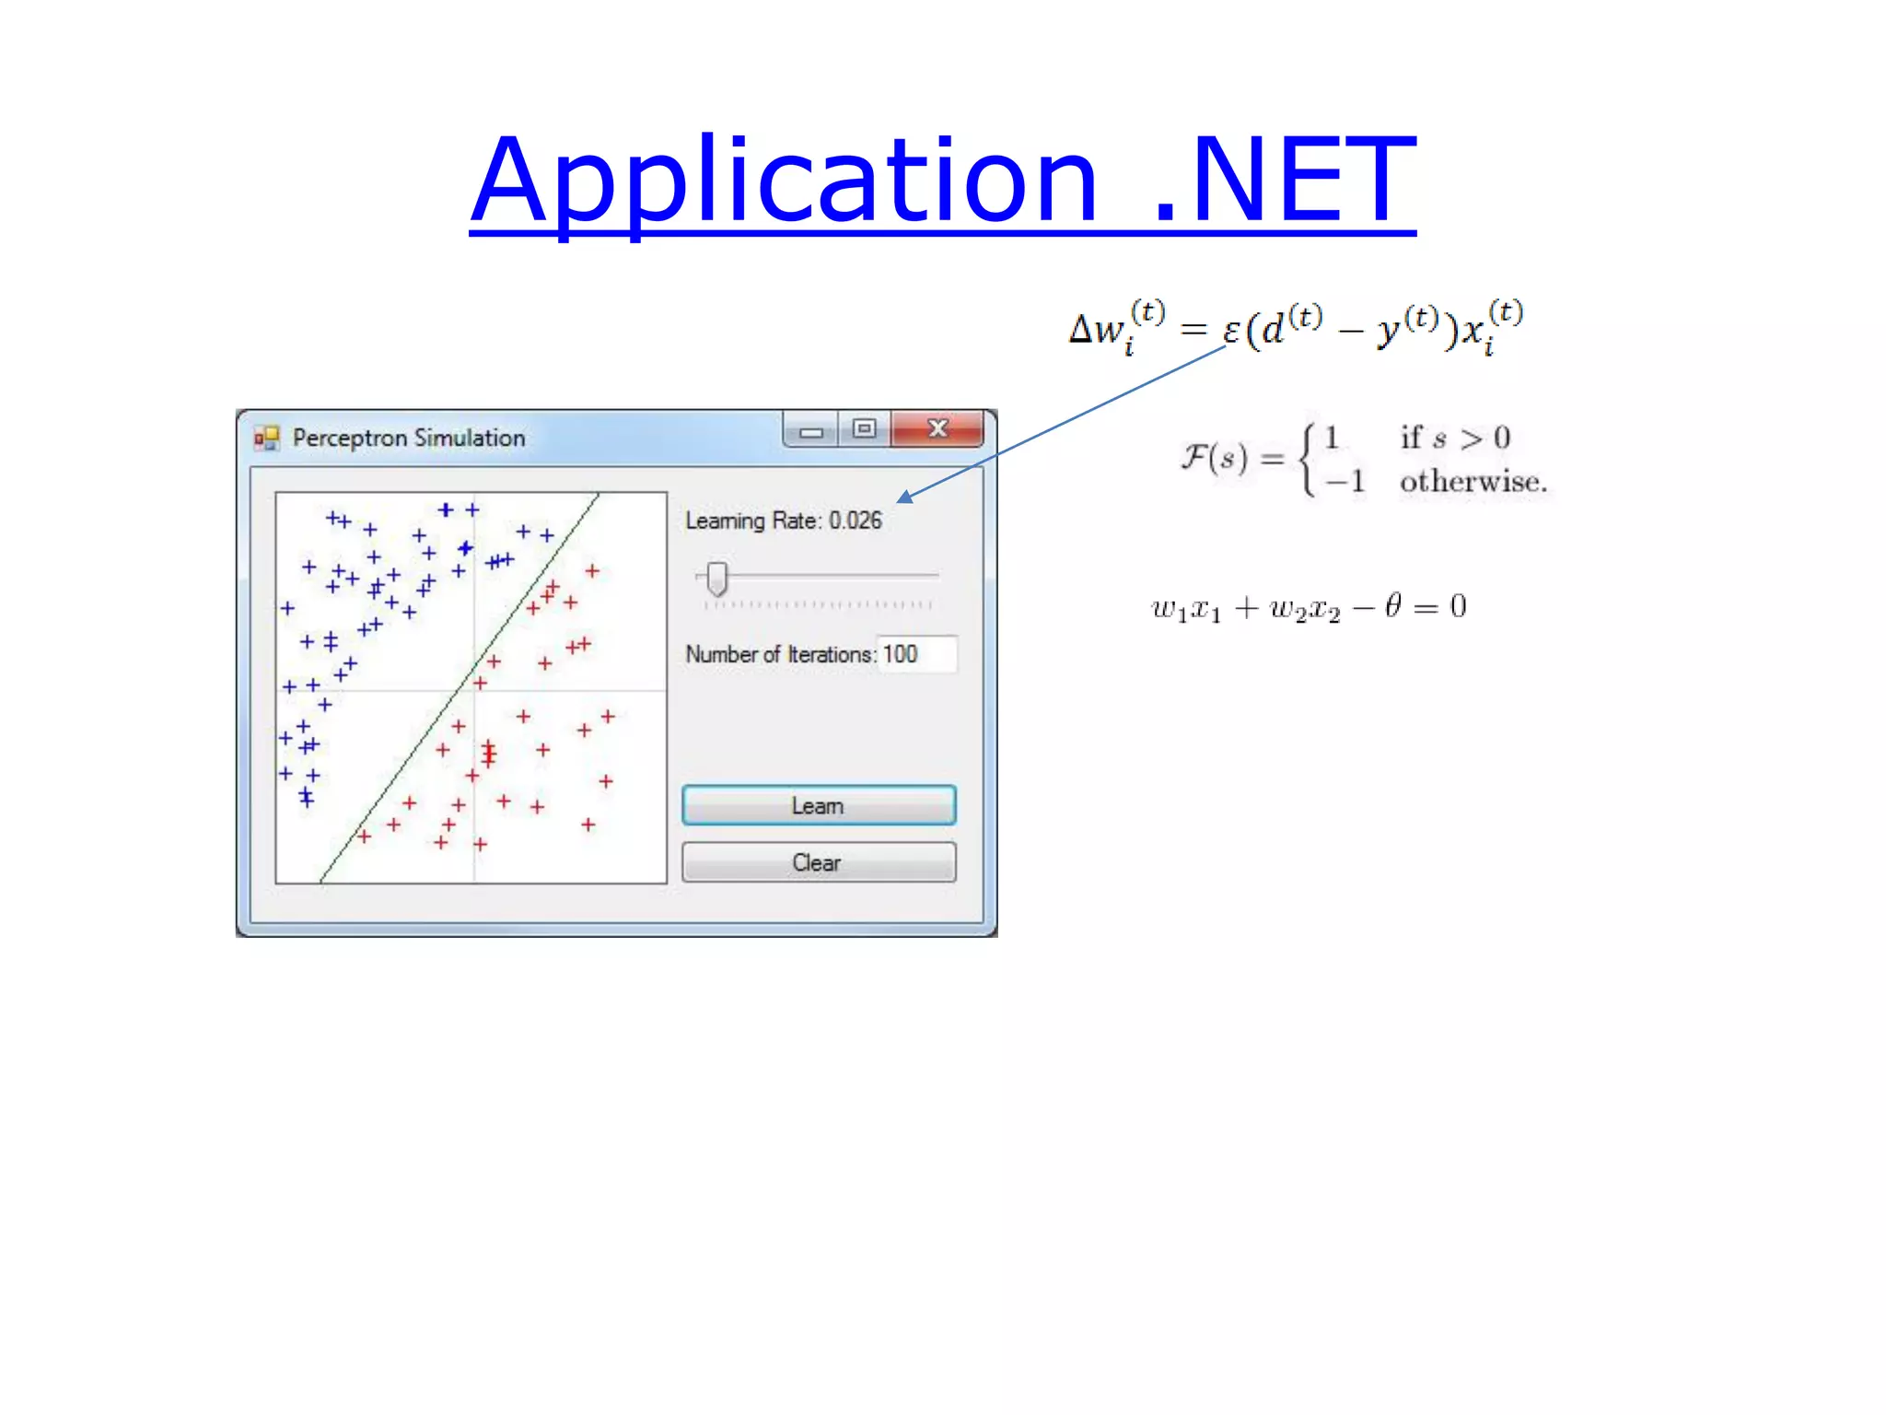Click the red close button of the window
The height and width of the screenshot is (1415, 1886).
click(937, 428)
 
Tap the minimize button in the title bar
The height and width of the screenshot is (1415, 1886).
click(811, 430)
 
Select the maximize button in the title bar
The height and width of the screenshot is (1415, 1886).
click(864, 428)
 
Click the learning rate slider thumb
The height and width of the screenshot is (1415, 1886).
click(716, 579)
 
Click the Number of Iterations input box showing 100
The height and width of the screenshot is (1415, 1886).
click(916, 654)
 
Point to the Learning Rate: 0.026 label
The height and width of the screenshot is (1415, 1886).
click(783, 520)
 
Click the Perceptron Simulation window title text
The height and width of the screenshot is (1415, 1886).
click(409, 438)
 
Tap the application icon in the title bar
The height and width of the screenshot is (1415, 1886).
click(266, 438)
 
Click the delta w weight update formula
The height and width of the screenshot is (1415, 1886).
click(1295, 329)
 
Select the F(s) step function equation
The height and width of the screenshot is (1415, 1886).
click(1363, 459)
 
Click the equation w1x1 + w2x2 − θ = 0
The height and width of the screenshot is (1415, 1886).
click(1308, 607)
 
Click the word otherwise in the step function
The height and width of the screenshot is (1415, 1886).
click(1473, 482)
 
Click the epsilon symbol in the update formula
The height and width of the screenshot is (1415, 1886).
click(1231, 330)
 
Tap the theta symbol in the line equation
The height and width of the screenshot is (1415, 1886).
click(1392, 605)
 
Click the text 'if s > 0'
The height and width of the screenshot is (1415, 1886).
click(1455, 438)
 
